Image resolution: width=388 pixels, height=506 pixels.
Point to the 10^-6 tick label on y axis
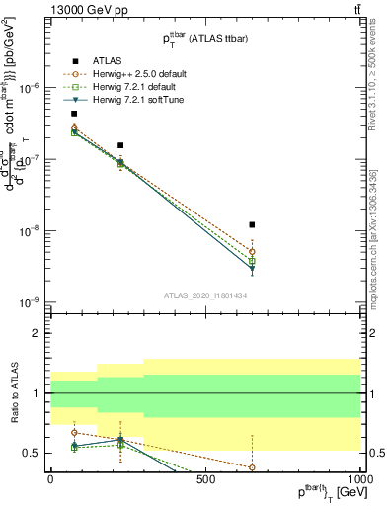click(30, 88)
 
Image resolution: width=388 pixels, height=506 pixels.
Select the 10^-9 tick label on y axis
click(30, 302)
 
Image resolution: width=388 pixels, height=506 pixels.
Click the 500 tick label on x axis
click(205, 480)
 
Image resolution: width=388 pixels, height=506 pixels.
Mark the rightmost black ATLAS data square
click(253, 225)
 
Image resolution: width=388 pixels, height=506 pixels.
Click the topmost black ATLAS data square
click(74, 114)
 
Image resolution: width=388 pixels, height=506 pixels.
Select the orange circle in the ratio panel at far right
click(253, 467)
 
